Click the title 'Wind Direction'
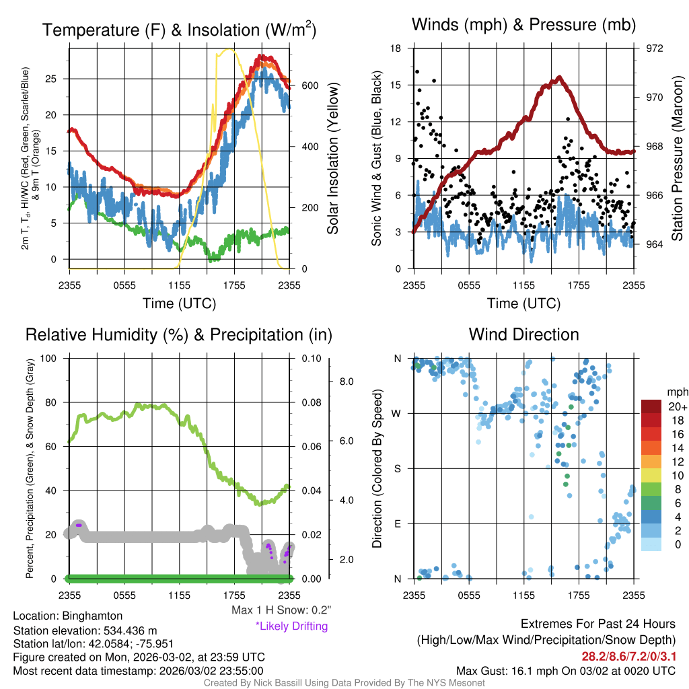point(523,334)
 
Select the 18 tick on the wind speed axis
point(397,48)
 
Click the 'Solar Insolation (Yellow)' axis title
point(333,159)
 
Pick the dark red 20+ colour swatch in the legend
point(652,407)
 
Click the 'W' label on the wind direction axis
point(397,413)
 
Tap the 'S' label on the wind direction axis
point(398,468)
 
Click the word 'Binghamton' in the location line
point(92,616)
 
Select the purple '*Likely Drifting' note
point(291,626)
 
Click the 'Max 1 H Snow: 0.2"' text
point(281,610)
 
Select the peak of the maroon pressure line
point(558,78)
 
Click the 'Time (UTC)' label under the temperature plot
point(179,303)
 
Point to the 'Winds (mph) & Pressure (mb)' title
point(523,25)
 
